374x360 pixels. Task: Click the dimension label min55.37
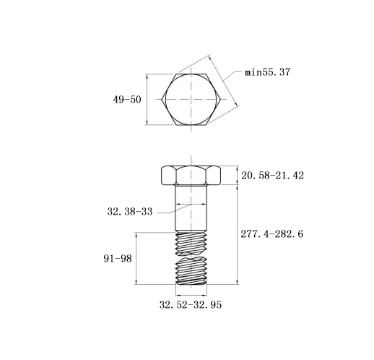[x=267, y=72]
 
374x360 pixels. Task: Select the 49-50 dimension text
[x=127, y=100]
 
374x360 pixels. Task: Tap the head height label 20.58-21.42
[x=272, y=176]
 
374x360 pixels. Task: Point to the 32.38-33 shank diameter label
[x=130, y=212]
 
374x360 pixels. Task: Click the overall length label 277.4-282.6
[x=272, y=234]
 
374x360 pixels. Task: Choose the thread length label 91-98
[x=118, y=259]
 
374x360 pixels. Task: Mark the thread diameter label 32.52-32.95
[x=191, y=305]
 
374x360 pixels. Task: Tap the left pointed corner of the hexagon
[x=162, y=99]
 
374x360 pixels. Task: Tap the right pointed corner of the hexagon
[x=221, y=99]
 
